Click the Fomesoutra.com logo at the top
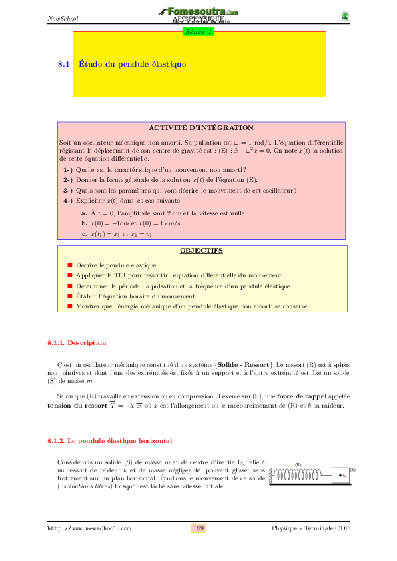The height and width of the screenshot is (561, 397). coord(199,12)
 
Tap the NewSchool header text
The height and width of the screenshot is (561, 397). coord(63,18)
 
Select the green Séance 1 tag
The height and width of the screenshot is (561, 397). coord(199,31)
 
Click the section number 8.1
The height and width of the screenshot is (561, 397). coord(64,64)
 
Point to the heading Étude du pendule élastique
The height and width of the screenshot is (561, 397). coord(132,64)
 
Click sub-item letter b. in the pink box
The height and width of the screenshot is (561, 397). coord(85,223)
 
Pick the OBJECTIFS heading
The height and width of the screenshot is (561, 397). coord(201,251)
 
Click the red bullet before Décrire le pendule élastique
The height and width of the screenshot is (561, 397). coord(69,265)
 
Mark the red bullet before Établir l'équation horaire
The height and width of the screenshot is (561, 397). coord(69,296)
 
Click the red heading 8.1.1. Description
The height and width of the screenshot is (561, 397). coord(77,343)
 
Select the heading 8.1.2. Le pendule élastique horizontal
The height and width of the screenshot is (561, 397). coord(109,441)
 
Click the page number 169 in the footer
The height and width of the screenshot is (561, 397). coord(198,528)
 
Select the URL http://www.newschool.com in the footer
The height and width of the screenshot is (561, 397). coord(89,528)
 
